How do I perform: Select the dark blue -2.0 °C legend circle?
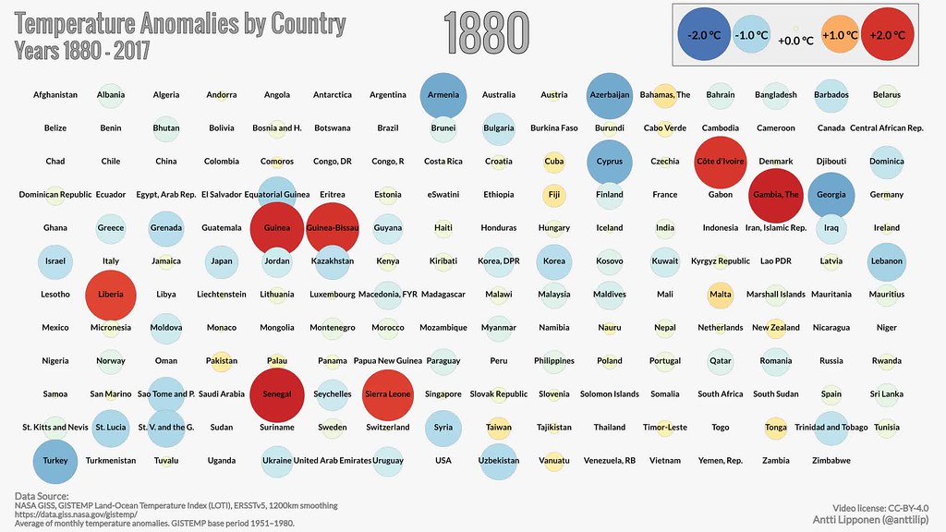(704, 35)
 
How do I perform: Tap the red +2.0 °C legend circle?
(888, 35)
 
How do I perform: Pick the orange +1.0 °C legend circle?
(840, 35)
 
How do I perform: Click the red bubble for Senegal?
(277, 394)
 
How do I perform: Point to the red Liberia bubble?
(111, 295)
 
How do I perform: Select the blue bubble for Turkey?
(55, 460)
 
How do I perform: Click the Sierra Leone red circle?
(388, 394)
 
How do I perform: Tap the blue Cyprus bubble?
(610, 162)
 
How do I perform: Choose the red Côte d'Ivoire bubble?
(721, 162)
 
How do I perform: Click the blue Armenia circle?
(443, 95)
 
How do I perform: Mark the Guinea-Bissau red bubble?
(333, 228)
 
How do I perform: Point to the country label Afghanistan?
(55, 95)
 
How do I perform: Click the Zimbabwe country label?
(831, 461)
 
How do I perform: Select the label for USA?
(443, 461)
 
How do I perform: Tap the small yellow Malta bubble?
(721, 295)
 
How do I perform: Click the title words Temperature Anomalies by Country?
(181, 23)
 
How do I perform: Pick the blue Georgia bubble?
(831, 195)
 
